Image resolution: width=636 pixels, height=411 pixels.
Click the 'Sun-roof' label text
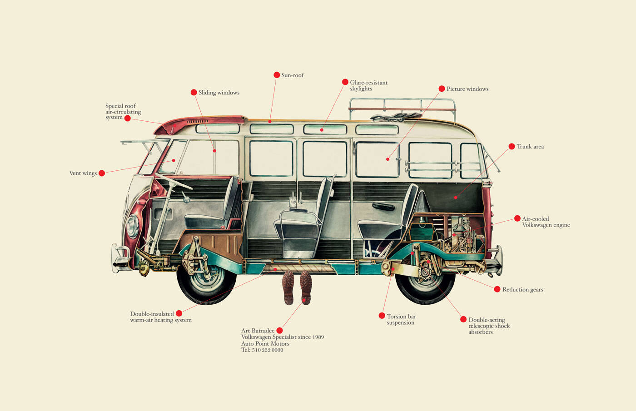pos(293,75)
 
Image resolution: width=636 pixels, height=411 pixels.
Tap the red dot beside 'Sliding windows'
pos(194,92)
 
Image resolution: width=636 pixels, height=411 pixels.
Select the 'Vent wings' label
pos(83,173)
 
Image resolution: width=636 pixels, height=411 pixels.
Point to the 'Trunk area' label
pos(530,146)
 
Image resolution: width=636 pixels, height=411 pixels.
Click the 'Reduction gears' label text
pos(523,290)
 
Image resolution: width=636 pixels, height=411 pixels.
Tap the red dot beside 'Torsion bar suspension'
pos(382,316)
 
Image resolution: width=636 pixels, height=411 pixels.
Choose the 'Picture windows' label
pos(467,89)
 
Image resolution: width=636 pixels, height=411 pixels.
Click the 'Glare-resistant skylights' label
pos(368,85)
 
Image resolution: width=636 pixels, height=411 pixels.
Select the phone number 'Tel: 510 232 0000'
pos(262,350)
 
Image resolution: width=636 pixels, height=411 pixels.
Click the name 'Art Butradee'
pos(258,331)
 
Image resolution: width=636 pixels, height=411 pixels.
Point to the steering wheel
pos(174,182)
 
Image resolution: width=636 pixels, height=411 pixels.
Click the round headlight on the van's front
pos(132,226)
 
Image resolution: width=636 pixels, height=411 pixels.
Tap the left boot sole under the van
pos(288,287)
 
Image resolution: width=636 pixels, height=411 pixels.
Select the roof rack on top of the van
pos(402,109)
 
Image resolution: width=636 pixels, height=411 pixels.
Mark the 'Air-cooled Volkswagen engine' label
pos(546,222)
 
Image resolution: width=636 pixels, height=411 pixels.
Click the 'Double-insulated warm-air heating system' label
pos(161,317)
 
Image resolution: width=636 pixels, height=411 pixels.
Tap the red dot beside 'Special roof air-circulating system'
pos(128,119)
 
